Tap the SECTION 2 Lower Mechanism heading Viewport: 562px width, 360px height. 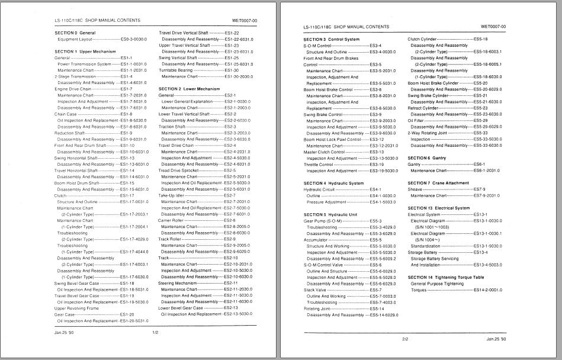(x=189, y=89)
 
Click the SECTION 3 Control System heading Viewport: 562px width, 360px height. (x=331, y=39)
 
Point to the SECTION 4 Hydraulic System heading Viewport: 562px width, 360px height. (x=333, y=183)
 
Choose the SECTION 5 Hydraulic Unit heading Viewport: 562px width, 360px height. (x=330, y=214)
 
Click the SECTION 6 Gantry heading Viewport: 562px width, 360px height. (x=427, y=158)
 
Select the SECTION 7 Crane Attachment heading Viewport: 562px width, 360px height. (x=438, y=183)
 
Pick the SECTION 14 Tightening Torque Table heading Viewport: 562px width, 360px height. (x=445, y=277)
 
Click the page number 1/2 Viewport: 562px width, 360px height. (x=155, y=333)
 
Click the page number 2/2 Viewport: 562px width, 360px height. (x=405, y=339)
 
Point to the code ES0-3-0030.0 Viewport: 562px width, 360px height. (x=134, y=39)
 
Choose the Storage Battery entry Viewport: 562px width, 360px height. (x=423, y=252)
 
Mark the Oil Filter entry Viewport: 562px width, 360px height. (x=416, y=121)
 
